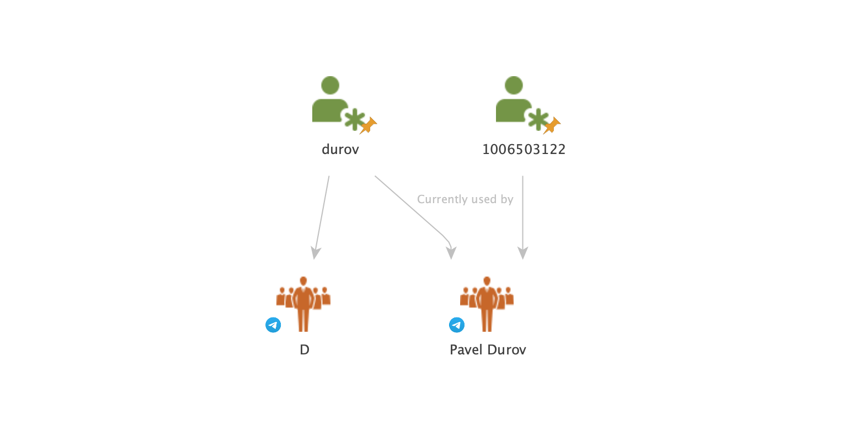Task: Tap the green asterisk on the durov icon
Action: pos(354,119)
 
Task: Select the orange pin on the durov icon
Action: pos(368,125)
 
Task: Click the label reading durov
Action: pos(340,149)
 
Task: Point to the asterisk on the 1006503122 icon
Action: pos(537,119)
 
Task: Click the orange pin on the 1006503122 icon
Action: pos(552,125)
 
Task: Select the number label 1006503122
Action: pos(524,149)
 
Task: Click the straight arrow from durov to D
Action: pos(322,215)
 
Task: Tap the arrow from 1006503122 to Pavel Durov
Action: pos(522,221)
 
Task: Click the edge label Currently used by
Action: pos(465,199)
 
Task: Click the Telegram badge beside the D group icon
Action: pos(273,325)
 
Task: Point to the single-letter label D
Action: pos(305,349)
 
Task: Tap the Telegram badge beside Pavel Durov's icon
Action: pos(457,325)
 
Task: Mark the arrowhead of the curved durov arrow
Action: pos(451,253)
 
